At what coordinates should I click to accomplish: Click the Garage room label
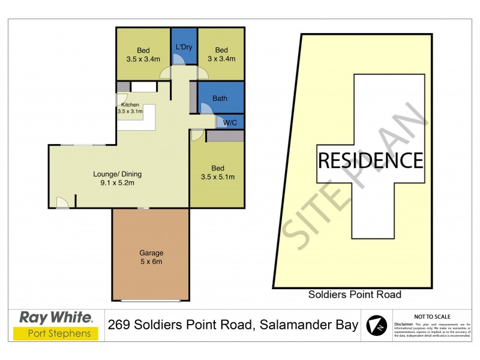151,253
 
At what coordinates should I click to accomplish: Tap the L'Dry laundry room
184,47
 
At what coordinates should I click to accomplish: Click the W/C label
230,123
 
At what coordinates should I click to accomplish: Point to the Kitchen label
130,105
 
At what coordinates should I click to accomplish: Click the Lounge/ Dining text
117,175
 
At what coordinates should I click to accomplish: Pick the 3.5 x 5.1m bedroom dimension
217,176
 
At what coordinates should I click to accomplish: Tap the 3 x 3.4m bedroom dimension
221,59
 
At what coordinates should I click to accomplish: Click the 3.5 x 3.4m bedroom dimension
143,59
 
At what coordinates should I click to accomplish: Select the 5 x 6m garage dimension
151,262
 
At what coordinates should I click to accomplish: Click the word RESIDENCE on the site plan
370,161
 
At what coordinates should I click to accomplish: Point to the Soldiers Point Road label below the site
355,295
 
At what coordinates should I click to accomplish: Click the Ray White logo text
56,317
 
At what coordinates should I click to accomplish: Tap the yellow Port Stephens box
56,333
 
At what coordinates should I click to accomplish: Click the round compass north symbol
377,325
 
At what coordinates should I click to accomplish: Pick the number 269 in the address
121,325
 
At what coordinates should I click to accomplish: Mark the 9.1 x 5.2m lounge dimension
117,184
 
